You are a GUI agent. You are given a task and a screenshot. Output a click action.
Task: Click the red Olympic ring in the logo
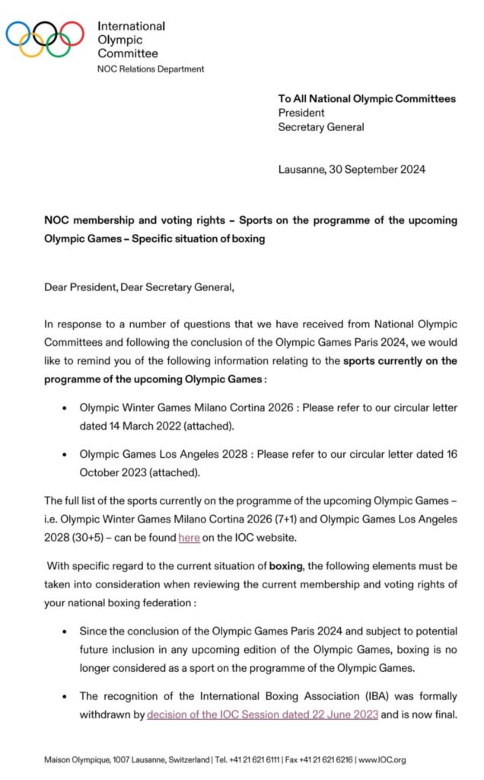(x=72, y=33)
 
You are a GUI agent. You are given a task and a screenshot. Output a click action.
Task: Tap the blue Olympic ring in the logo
(x=18, y=33)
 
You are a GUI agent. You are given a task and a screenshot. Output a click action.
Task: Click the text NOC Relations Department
(x=151, y=69)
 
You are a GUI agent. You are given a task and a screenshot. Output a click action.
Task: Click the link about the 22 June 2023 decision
(x=262, y=715)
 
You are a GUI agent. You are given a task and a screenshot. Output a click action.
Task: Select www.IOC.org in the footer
(x=384, y=759)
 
